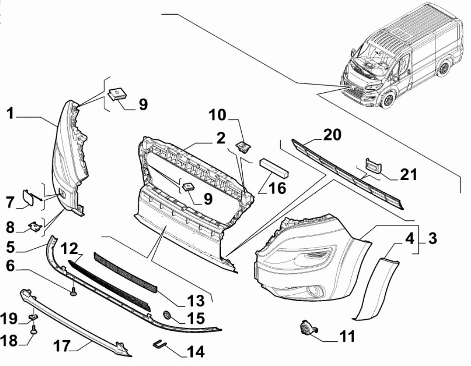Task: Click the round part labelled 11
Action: tap(305, 328)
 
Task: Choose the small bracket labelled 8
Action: tap(34, 226)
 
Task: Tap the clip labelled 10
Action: tap(242, 146)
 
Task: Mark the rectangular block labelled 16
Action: tap(274, 167)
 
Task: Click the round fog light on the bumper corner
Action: tap(315, 291)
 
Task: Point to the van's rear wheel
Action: tap(443, 68)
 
